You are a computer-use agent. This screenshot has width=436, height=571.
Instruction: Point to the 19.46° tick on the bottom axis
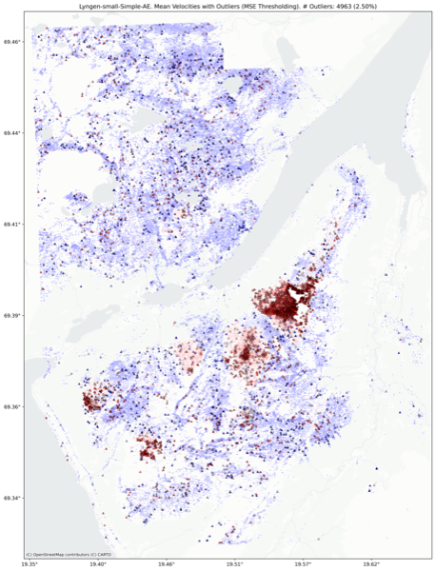(x=167, y=565)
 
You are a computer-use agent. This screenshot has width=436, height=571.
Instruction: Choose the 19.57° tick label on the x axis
(x=303, y=565)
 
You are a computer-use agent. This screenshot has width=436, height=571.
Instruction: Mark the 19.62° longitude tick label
(x=371, y=565)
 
